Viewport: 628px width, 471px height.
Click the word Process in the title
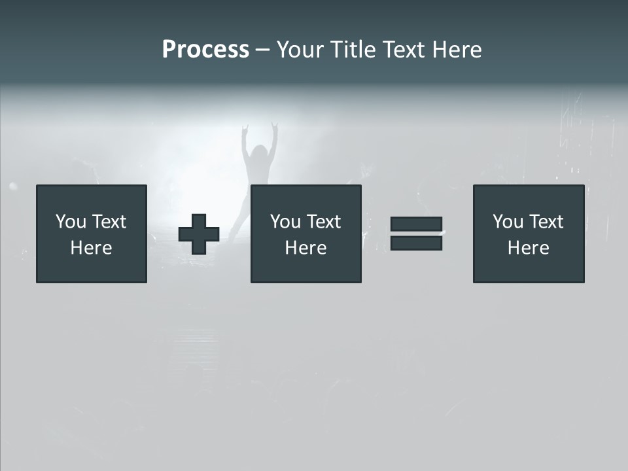pos(205,50)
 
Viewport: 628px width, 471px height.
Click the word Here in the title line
pos(457,50)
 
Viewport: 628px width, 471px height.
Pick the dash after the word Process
pos(263,50)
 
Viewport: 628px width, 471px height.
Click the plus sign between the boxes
pos(199,234)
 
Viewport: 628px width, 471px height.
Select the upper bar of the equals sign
pos(416,224)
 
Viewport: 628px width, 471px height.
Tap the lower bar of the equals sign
pos(416,243)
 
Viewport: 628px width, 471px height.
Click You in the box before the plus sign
pos(71,222)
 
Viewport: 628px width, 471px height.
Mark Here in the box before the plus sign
pos(91,248)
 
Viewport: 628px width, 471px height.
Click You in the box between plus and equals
pos(285,222)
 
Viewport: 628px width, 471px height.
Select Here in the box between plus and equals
pos(305,248)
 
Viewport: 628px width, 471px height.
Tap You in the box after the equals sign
pos(508,222)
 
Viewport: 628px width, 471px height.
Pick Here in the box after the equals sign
pos(528,248)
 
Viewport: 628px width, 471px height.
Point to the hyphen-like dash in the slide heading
pos(263,50)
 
